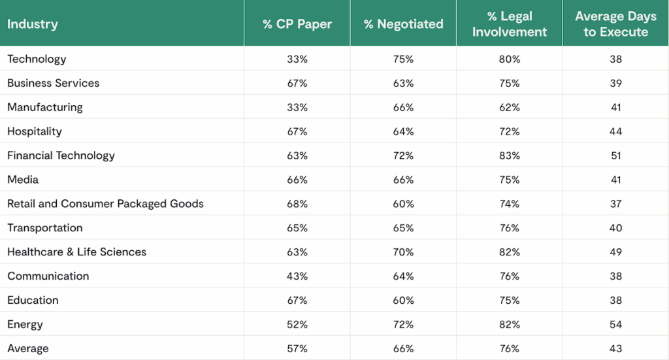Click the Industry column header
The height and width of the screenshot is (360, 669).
click(33, 24)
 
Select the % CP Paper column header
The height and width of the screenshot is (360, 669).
click(297, 24)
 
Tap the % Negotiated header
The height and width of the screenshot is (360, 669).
click(404, 24)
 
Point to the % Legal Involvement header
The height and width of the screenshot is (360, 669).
click(510, 24)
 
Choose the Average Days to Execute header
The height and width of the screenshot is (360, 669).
click(615, 24)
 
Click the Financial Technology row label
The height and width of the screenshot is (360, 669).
click(61, 155)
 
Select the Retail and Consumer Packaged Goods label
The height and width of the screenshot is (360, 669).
click(105, 204)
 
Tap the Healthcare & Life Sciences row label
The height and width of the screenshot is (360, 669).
click(76, 252)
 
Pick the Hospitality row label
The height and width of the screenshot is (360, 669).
click(35, 131)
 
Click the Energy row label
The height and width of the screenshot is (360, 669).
click(25, 325)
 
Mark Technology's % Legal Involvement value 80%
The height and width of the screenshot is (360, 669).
click(510, 59)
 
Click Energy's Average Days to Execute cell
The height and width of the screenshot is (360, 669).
click(615, 325)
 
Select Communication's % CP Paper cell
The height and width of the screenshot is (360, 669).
click(297, 276)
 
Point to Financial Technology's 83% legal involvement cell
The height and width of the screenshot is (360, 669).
click(510, 155)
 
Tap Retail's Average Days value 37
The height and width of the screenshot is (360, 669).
click(615, 204)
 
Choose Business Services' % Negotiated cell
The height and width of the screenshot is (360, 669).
click(404, 83)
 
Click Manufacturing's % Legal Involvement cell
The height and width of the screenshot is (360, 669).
click(510, 107)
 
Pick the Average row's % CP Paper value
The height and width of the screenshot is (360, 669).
click(297, 349)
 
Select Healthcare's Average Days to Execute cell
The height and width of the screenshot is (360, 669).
click(615, 252)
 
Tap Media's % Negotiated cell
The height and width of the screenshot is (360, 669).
click(404, 180)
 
